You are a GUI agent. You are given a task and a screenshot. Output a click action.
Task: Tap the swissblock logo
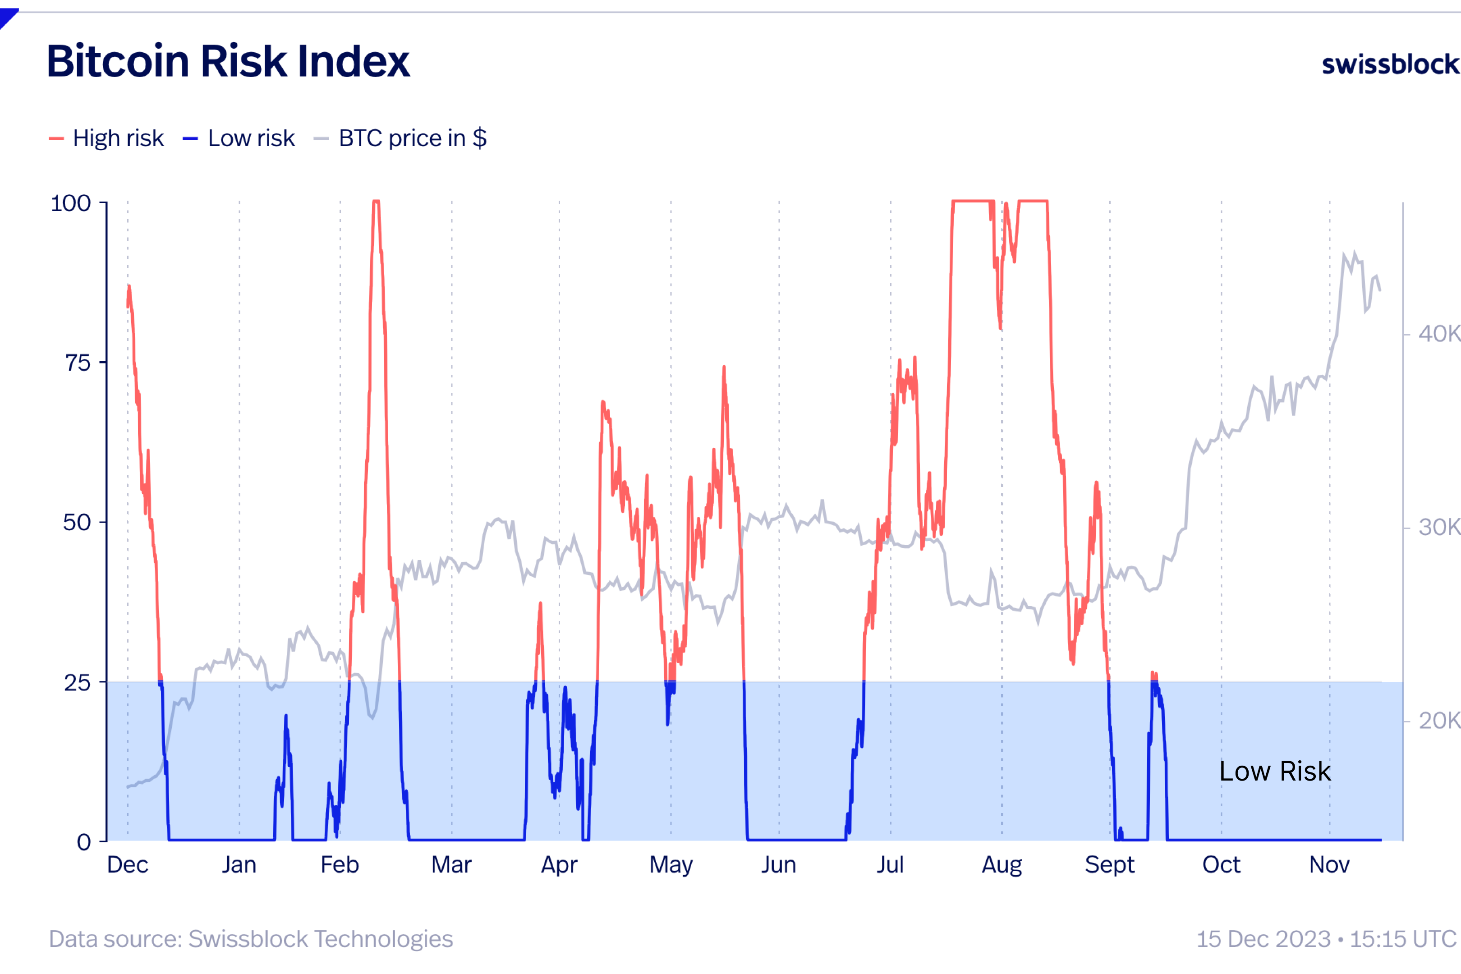(1390, 64)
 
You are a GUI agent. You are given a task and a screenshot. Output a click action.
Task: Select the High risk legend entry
(117, 138)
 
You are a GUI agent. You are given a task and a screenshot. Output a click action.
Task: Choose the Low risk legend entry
(250, 138)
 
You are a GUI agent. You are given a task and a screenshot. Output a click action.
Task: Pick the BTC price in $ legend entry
(412, 138)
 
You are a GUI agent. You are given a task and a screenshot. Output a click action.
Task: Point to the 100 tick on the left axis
(71, 203)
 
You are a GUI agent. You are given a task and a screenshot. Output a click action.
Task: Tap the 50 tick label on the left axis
(77, 523)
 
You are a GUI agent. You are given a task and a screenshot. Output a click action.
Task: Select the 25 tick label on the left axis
(77, 683)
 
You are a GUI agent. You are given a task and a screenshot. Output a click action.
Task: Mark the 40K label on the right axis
(1438, 334)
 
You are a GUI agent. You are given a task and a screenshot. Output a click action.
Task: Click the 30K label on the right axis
(1438, 528)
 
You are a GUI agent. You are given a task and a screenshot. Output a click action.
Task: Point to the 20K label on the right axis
(1438, 721)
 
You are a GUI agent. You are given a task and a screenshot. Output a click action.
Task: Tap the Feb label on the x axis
(340, 865)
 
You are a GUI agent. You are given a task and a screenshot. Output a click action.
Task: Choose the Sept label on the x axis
(1109, 865)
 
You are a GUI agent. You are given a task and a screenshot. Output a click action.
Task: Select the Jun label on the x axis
(779, 865)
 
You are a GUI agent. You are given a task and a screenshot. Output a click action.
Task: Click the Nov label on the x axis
(1329, 865)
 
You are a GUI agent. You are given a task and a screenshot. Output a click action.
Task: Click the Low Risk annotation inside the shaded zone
(1275, 771)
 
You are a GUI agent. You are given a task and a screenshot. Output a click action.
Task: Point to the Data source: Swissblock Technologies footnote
(251, 939)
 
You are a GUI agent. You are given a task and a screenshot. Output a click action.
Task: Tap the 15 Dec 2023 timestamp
(1326, 939)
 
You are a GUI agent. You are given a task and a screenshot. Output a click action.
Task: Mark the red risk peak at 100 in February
(376, 202)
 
